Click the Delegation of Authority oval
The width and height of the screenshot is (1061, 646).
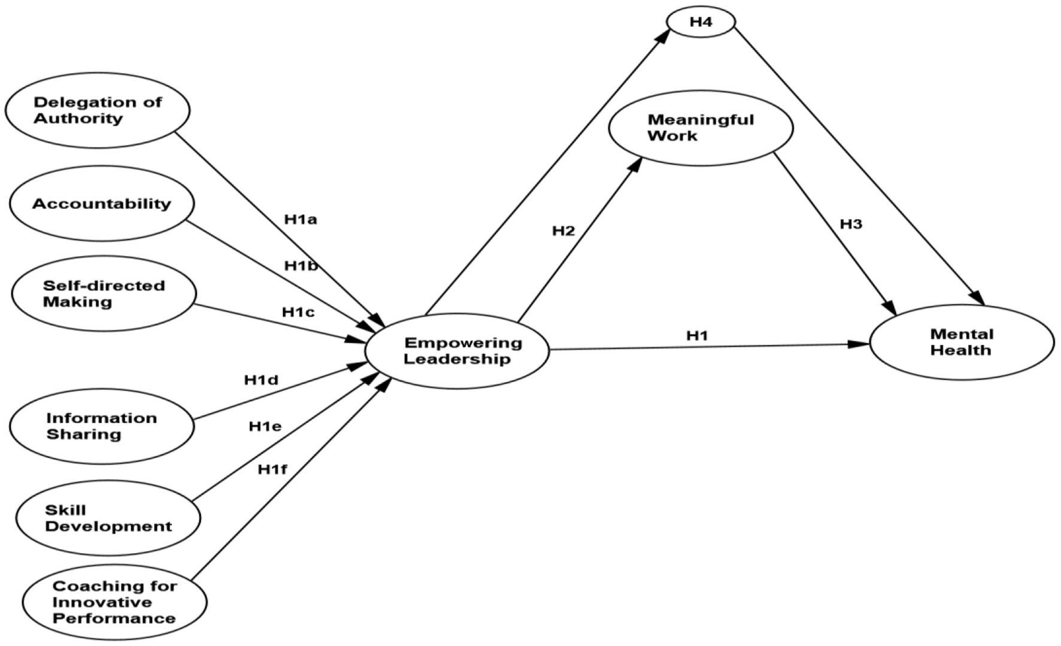point(98,111)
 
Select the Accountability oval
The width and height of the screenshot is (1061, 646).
point(102,204)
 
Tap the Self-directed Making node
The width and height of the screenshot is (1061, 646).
point(104,293)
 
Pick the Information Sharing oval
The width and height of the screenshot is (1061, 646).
point(102,426)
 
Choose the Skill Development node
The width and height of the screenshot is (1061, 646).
point(108,518)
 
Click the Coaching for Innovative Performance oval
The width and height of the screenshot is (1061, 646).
point(114,602)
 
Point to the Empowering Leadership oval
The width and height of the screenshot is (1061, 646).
point(457,351)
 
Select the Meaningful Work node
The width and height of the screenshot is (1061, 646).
point(701,128)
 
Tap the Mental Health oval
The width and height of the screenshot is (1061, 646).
point(962,342)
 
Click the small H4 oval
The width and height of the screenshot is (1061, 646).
point(701,22)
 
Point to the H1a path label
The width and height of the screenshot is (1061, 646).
point(301,220)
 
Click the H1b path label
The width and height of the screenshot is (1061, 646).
point(301,266)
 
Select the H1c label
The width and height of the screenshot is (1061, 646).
point(298,312)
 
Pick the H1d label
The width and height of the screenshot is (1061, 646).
point(261,380)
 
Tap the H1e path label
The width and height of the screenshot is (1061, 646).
point(265,426)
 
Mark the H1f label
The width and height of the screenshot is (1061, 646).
point(272,469)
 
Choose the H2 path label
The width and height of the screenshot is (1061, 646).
point(563,231)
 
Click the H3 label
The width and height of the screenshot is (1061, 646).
point(851,224)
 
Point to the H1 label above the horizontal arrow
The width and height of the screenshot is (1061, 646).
point(697,335)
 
